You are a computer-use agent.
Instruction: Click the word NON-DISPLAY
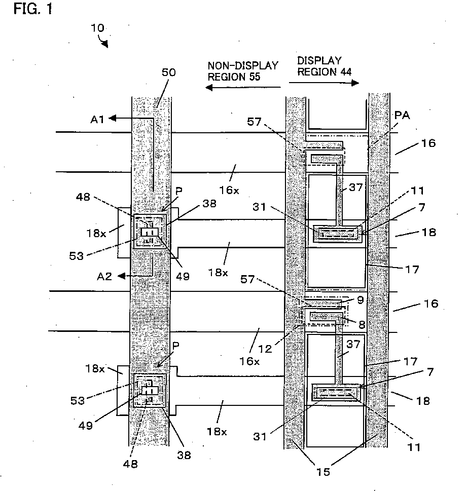(243, 65)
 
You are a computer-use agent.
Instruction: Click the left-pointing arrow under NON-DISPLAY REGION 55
(238, 88)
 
